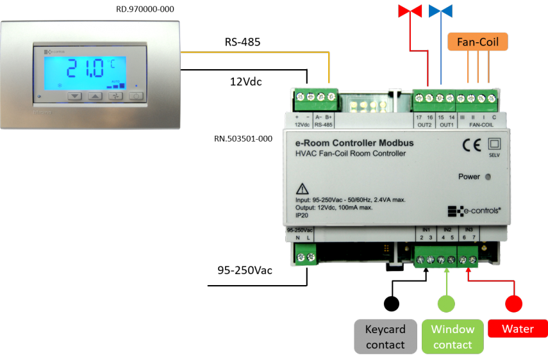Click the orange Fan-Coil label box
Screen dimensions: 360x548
(477, 42)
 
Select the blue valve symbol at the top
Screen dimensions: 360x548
(440, 11)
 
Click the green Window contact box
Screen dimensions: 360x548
(453, 337)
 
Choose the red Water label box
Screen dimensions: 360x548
(518, 329)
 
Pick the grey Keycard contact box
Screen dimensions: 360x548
(385, 337)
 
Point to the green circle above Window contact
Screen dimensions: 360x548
(447, 304)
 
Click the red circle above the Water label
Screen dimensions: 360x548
(514, 304)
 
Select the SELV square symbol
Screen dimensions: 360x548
(494, 145)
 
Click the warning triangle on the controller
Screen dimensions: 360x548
(302, 189)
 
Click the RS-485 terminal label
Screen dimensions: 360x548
(324, 126)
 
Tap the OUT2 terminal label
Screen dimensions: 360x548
(424, 126)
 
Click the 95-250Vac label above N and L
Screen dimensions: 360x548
(300, 229)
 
